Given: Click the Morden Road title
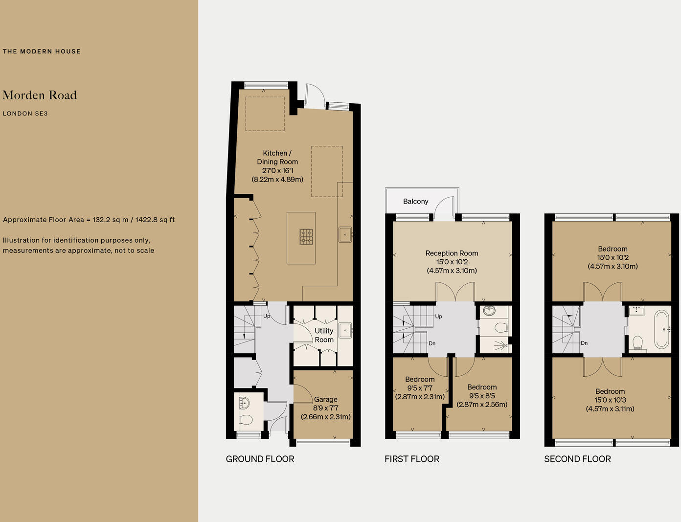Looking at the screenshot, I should [x=40, y=95].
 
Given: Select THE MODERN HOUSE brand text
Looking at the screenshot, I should [x=42, y=51].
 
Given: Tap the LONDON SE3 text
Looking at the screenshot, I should [x=25, y=113].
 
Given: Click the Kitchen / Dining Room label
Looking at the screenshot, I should [x=277, y=158].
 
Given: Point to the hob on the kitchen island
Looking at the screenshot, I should [x=306, y=237].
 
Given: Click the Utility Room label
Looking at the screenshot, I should [x=324, y=335].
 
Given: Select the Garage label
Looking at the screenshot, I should [x=325, y=399].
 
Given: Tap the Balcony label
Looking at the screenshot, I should [x=415, y=202].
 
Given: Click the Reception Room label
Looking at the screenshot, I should [x=452, y=253].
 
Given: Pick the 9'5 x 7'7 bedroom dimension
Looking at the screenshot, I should [x=420, y=388].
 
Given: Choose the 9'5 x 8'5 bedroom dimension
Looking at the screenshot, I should [x=482, y=396].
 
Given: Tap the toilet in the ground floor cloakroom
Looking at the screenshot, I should [x=246, y=419].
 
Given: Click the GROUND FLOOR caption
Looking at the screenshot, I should [x=260, y=459].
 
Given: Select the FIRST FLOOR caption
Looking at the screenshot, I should [x=412, y=459].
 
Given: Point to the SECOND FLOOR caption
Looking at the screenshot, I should [x=577, y=459].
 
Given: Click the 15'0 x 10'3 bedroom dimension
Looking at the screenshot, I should [x=610, y=400].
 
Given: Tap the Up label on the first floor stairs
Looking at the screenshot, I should [x=438, y=317].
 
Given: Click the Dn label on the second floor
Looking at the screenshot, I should [x=584, y=343].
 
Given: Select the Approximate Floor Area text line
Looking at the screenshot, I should [x=89, y=220].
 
